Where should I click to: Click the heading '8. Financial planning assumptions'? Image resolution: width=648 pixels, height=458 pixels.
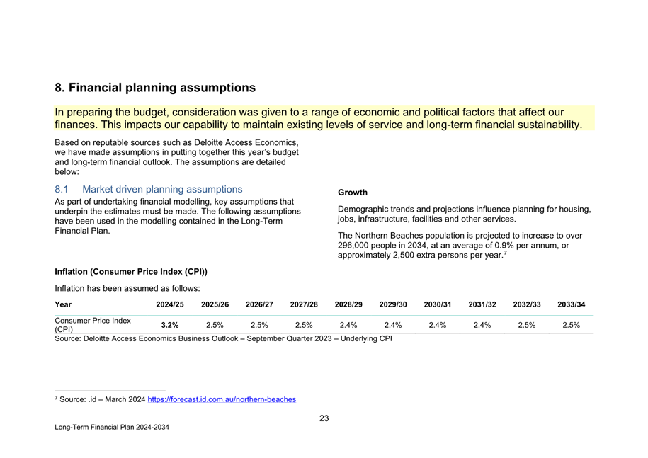click(155, 88)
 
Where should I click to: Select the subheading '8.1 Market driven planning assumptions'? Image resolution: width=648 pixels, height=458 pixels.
click(148, 190)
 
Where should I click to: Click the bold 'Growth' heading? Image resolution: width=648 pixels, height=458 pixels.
click(353, 193)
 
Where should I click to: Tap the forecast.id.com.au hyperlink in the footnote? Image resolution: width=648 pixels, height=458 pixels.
click(222, 399)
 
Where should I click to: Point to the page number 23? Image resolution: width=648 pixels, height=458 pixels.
click(324, 418)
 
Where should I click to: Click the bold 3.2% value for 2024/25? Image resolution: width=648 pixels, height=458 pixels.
click(170, 325)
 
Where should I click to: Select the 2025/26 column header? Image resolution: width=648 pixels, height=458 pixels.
click(215, 304)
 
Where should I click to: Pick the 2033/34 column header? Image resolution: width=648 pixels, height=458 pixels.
click(571, 304)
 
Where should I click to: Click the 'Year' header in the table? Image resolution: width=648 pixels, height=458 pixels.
click(63, 304)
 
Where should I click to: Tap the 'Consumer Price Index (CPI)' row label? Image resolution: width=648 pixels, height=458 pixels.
click(93, 325)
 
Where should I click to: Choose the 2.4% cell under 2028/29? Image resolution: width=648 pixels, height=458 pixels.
click(348, 325)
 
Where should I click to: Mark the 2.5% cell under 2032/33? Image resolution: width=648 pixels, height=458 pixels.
click(526, 325)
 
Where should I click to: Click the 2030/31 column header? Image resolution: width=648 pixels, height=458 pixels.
click(438, 304)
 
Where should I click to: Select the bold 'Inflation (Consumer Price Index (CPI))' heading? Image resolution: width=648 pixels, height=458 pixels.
click(131, 272)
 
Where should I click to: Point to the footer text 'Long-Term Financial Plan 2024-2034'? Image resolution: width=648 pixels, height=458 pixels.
click(112, 428)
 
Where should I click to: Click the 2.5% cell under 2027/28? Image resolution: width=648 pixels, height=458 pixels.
click(304, 325)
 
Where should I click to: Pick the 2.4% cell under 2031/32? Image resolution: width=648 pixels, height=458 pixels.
click(482, 325)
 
